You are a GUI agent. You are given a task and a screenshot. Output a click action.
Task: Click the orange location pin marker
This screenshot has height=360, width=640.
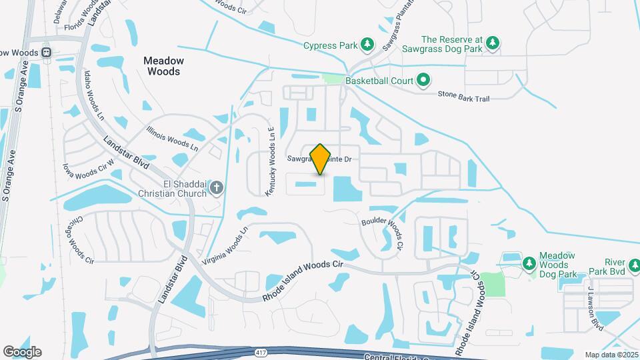point(321,159)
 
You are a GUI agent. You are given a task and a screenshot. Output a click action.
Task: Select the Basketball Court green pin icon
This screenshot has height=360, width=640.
point(423,81)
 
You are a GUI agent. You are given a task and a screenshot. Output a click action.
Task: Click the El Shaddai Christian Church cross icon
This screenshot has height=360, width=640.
point(216,189)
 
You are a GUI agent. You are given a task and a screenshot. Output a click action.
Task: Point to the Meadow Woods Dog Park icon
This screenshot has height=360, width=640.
point(529,263)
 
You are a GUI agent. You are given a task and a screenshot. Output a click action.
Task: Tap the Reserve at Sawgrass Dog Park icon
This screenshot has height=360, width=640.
point(493,44)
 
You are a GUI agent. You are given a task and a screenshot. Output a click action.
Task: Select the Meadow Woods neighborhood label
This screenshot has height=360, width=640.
point(163,65)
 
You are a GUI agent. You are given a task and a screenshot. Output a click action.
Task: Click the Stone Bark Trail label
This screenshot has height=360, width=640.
point(463,98)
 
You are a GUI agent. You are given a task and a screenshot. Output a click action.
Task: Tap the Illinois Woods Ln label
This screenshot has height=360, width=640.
point(172,137)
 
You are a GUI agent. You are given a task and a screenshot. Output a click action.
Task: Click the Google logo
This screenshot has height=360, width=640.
point(22,352)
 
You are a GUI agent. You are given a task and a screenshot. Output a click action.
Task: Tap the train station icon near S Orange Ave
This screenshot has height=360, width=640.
point(46,52)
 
